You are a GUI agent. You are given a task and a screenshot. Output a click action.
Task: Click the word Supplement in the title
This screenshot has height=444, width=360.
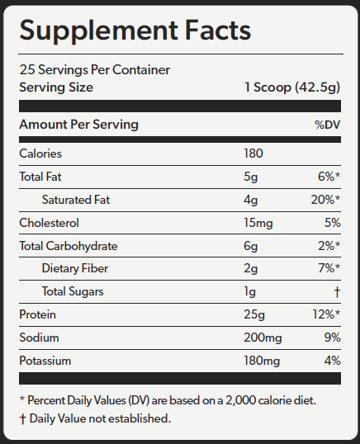click(x=98, y=31)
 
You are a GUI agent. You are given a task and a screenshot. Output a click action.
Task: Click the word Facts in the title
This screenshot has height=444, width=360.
click(x=218, y=30)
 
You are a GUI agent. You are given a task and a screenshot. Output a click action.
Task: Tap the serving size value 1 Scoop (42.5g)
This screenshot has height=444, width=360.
click(x=292, y=87)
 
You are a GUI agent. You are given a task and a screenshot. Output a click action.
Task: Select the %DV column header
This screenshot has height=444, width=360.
click(x=328, y=125)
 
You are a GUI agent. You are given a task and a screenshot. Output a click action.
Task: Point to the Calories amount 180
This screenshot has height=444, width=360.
click(x=253, y=154)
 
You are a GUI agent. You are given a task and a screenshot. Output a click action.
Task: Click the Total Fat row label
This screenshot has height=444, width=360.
click(x=40, y=177)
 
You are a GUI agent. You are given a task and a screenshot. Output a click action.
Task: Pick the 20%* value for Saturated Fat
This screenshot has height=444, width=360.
click(x=325, y=200)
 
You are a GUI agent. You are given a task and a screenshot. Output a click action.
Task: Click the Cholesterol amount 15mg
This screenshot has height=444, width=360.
click(x=258, y=223)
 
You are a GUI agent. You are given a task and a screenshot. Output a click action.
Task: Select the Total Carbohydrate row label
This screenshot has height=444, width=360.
click(x=69, y=246)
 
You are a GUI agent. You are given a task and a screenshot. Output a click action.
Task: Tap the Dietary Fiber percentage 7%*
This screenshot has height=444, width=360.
click(x=329, y=268)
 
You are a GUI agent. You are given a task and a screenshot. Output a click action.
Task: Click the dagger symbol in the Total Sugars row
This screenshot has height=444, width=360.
click(x=337, y=291)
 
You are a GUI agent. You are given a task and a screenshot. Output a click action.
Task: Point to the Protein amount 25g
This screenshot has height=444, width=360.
click(x=254, y=314)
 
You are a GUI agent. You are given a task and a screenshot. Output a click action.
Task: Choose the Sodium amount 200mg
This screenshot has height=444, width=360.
click(x=263, y=338)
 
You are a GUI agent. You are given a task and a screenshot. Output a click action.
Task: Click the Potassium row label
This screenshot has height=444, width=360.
click(x=45, y=361)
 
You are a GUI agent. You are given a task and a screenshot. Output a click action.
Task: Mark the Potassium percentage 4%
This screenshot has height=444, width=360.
click(x=332, y=361)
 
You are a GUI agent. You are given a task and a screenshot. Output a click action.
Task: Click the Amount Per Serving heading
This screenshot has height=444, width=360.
click(x=78, y=125)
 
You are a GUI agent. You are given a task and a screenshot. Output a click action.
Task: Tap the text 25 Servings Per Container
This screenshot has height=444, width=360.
click(x=95, y=69)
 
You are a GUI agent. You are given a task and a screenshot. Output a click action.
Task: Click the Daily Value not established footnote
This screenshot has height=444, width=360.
click(x=96, y=418)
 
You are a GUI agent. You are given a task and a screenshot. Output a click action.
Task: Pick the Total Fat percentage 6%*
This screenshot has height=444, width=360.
click(x=329, y=177)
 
